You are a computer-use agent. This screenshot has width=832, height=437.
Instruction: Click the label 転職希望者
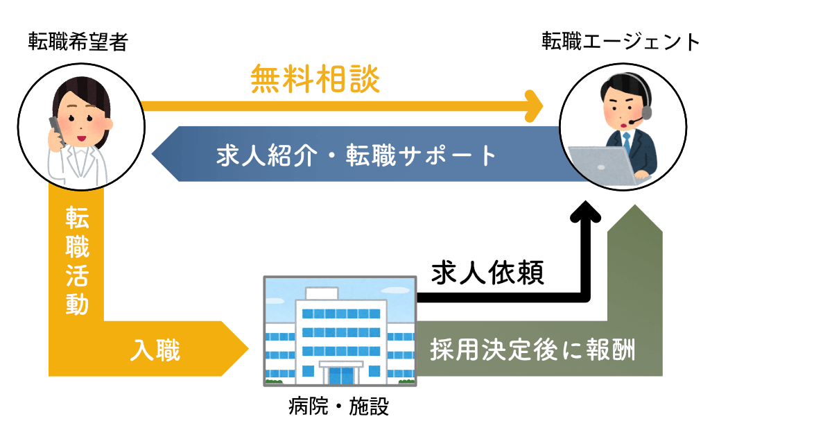coord(78,42)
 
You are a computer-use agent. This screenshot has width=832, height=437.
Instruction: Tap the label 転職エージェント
coord(621,41)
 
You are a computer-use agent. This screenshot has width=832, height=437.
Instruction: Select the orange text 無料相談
coord(315,79)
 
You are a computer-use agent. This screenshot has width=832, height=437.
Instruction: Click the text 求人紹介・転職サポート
coord(356,155)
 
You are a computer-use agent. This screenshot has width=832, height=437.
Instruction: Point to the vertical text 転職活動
coord(77,261)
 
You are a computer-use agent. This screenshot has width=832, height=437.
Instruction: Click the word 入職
coord(155,350)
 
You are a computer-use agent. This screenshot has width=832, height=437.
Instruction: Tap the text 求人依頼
coord(487,273)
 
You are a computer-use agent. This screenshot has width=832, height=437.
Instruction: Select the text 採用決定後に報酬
coord(533,350)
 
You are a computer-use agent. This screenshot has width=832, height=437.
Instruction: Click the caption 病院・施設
coord(339,406)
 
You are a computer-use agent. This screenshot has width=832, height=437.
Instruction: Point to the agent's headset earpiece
coord(647,112)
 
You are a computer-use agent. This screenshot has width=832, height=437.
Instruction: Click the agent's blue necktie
coord(627,142)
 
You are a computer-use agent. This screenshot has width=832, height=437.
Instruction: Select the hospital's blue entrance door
coord(341,376)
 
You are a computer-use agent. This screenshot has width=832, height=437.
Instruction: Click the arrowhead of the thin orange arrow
coord(543,106)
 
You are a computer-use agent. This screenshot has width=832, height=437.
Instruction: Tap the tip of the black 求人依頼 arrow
coord(585,201)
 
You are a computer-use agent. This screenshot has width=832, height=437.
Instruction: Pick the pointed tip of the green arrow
coord(635,205)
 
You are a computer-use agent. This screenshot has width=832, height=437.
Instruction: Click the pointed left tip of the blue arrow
coord(153,154)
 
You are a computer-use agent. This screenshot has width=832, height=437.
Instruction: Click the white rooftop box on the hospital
coord(322,293)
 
